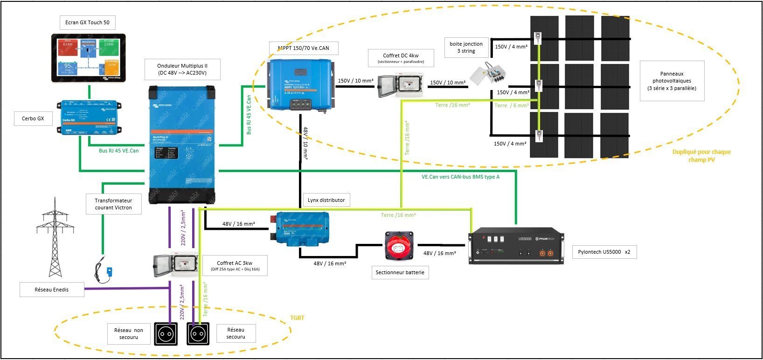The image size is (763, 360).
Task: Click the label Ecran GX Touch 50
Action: click(x=87, y=22)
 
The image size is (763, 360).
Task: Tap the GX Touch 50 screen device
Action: click(x=88, y=58)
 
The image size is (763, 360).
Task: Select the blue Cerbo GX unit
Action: click(x=90, y=118)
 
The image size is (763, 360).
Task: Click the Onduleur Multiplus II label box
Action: click(x=182, y=69)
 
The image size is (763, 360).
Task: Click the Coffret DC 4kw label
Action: click(x=401, y=58)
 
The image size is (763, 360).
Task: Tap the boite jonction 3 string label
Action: click(x=466, y=48)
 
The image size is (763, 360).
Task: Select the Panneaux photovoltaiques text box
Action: click(x=672, y=81)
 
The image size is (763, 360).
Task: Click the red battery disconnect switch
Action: click(x=398, y=245)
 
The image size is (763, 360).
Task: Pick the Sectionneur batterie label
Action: click(x=400, y=272)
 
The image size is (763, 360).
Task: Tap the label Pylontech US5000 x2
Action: click(x=604, y=252)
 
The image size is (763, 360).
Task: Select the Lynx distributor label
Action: click(x=326, y=200)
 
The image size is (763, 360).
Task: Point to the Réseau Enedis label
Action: click(x=51, y=290)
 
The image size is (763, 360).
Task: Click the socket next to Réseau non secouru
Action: click(x=166, y=334)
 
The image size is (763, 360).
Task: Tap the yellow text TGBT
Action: click(x=297, y=318)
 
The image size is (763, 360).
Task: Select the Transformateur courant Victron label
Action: click(x=113, y=204)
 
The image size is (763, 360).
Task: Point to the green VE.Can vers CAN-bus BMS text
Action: click(x=460, y=177)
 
